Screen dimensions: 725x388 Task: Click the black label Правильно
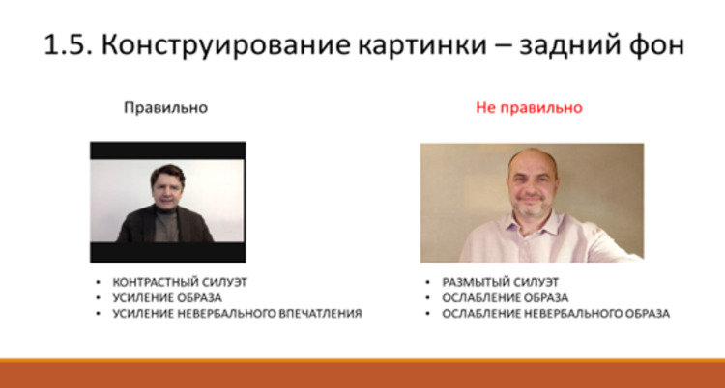click(x=165, y=108)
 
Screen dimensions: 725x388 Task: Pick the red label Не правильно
click(x=529, y=108)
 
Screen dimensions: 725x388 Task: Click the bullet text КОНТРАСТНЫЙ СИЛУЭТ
click(x=180, y=282)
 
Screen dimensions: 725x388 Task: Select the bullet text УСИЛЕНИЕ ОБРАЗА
click(x=167, y=298)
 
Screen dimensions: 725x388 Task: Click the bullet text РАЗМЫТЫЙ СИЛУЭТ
click(x=501, y=282)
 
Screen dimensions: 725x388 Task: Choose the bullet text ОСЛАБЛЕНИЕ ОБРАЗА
click(x=505, y=298)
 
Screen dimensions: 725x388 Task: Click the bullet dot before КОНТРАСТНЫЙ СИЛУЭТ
click(x=98, y=283)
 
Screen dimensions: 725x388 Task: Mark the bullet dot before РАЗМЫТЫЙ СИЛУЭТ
click(x=427, y=283)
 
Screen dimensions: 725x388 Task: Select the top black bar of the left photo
click(x=168, y=151)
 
